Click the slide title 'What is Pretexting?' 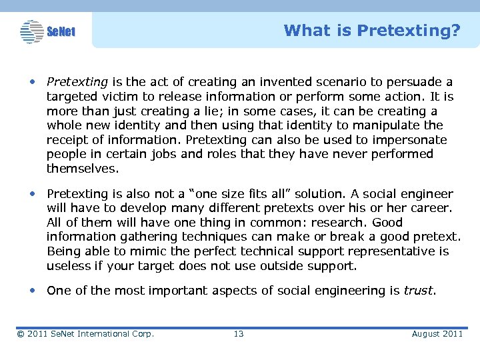[371, 31]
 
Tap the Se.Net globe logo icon [31, 31]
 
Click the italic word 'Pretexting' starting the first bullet [77, 82]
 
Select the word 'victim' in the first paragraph [117, 97]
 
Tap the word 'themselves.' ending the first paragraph [83, 169]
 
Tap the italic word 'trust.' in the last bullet [419, 290]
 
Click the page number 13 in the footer [239, 333]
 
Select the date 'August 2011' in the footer [437, 333]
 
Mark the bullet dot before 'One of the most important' [33, 291]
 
